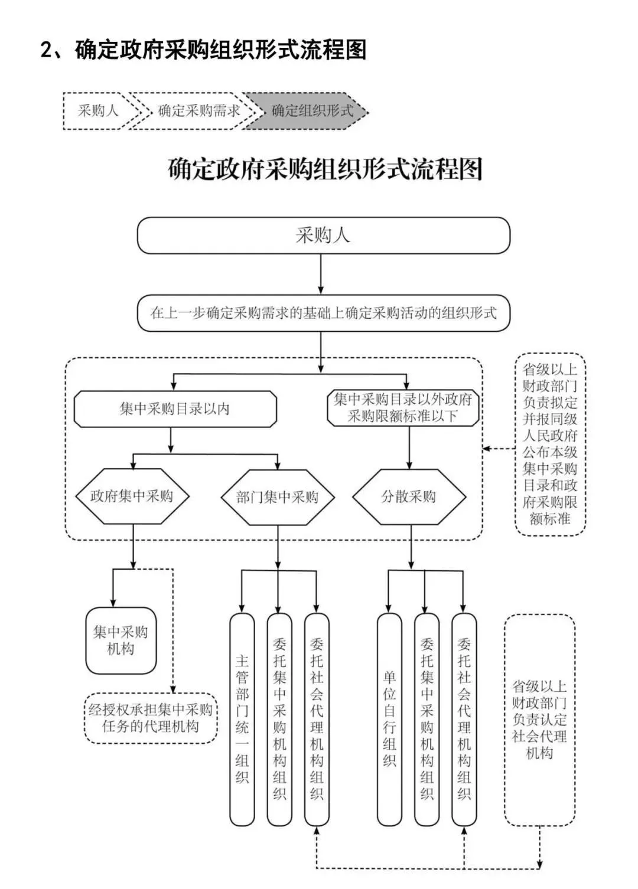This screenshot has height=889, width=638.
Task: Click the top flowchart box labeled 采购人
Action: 323,236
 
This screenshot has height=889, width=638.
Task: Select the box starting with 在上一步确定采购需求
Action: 323,313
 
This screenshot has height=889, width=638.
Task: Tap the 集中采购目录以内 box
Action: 175,408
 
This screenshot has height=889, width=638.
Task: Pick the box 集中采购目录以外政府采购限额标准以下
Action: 402,408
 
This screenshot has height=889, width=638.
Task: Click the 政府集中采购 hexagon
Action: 132,496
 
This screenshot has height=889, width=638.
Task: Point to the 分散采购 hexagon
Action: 409,496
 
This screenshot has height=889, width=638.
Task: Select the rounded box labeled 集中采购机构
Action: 121,640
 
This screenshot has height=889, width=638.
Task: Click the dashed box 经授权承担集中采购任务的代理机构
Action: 151,718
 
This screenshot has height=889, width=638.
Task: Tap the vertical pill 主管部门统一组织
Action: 242,719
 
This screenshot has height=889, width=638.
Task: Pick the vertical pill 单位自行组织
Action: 389,719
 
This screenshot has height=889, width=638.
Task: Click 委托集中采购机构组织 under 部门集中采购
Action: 279,719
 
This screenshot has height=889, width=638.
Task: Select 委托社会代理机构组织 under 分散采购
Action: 464,719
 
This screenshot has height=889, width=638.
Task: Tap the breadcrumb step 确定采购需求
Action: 198,110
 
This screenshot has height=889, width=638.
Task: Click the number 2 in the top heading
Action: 47,50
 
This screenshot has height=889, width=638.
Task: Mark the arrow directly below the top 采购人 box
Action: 321,274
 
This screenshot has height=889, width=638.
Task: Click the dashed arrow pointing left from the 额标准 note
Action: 498,449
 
